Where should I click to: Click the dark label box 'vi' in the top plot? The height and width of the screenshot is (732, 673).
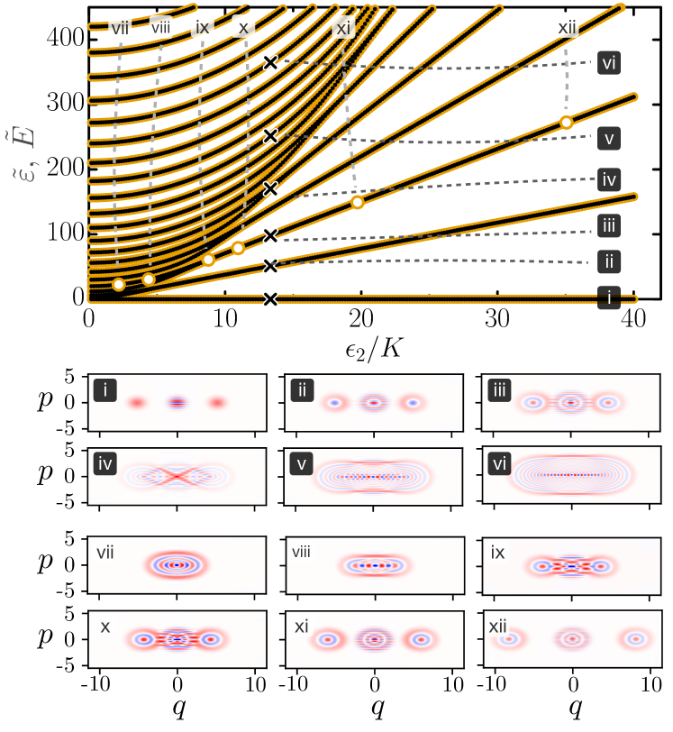pyautogui.click(x=610, y=63)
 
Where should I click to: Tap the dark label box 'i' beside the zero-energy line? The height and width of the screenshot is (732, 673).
pyautogui.click(x=610, y=297)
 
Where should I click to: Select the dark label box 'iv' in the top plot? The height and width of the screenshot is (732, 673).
pyautogui.click(x=610, y=178)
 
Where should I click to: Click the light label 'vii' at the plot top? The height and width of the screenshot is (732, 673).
pyautogui.click(x=120, y=27)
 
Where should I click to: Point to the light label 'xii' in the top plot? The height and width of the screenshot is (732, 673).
pyautogui.click(x=567, y=28)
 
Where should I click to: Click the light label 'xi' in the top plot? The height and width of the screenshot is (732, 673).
pyautogui.click(x=342, y=28)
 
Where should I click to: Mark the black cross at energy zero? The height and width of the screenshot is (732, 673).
pyautogui.click(x=269, y=298)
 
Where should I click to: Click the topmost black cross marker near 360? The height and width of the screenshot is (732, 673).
pyautogui.click(x=269, y=63)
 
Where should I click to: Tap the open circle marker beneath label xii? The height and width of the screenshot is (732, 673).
pyautogui.click(x=566, y=123)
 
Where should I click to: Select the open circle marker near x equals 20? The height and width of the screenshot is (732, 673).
pyautogui.click(x=358, y=202)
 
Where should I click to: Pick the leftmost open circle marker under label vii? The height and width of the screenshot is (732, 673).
pyautogui.click(x=118, y=285)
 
